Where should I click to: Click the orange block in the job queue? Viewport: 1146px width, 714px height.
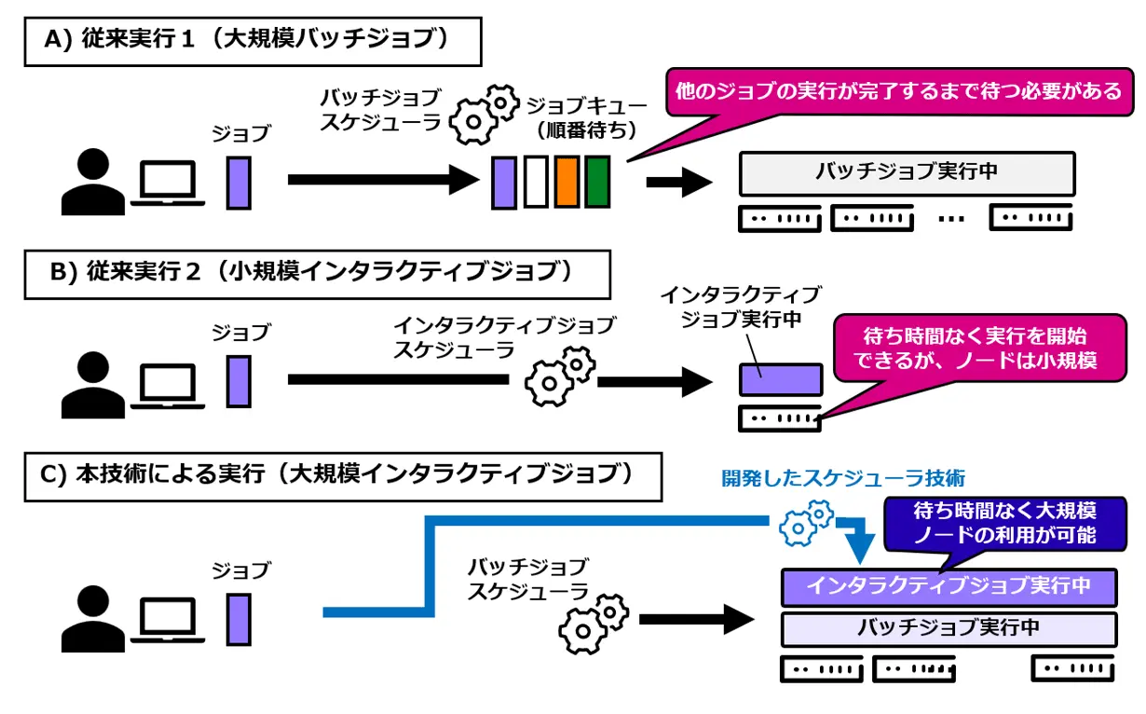pos(567,182)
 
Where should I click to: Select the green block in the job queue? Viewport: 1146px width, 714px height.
pos(597,182)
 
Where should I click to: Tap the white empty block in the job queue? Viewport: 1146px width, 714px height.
pos(536,182)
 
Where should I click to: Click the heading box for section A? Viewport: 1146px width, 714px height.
pos(252,42)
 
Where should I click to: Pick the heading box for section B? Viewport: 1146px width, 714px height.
pos(317,273)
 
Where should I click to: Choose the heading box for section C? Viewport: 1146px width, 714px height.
pos(343,476)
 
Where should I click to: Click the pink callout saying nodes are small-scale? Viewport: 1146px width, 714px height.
pos(978,347)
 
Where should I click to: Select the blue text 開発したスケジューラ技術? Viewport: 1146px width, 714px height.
pos(843,477)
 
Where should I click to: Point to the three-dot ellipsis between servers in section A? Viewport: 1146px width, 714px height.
pos(951,220)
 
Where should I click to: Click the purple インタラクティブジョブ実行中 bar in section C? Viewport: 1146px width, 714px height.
pos(948,586)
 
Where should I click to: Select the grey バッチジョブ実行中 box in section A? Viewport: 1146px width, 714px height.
pos(907,172)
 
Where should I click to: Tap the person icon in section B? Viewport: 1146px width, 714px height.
pos(93,383)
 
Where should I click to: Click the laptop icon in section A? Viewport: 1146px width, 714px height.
pos(168,183)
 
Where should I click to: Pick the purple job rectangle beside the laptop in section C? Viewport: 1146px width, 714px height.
pos(239,619)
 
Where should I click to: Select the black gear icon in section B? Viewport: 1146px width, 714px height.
pos(559,375)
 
